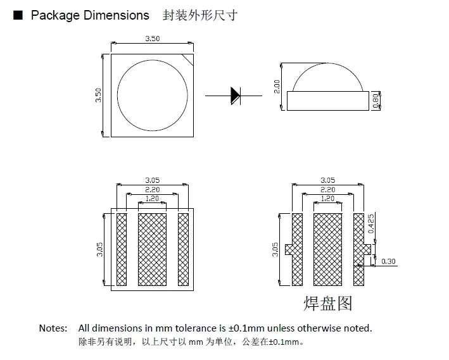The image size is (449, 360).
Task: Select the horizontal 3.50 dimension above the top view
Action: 152,39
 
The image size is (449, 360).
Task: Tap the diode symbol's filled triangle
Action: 235,96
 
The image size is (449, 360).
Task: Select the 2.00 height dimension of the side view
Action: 277,86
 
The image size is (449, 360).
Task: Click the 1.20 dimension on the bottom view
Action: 152,199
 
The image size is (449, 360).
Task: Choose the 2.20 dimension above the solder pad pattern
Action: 327,190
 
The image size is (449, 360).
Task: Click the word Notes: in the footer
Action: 53,328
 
